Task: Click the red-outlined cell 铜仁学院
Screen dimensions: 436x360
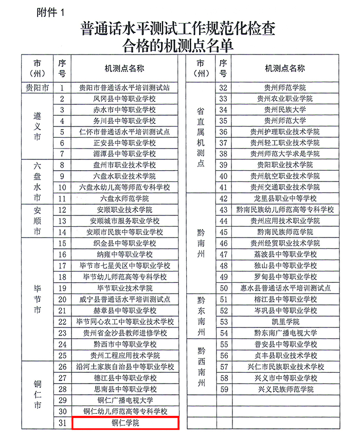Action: [x=125, y=423]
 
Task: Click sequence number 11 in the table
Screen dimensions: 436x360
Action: [x=62, y=198]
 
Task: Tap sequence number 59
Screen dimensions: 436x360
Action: [x=223, y=389]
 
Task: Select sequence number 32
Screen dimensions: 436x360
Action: [x=223, y=87]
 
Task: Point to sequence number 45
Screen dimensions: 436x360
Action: [x=223, y=232]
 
